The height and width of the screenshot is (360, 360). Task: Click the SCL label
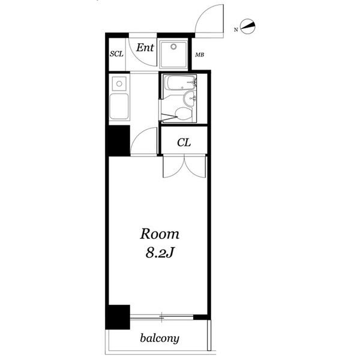point(116,54)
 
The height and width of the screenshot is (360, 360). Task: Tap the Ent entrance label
point(145,47)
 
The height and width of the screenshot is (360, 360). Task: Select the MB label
point(200,55)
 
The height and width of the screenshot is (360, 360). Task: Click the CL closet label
point(184,143)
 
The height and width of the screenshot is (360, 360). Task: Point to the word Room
point(160,234)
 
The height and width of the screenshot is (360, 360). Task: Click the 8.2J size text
point(159,253)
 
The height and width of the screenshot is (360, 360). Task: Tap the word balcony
point(160,338)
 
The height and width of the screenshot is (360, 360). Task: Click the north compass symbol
point(248,26)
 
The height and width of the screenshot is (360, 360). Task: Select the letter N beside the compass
point(236,29)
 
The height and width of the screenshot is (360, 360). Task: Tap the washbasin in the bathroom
point(190,99)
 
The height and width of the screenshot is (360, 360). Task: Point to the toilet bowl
point(183,113)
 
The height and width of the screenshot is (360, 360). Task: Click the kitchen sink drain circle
point(119,84)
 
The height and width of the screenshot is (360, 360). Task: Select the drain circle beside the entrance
point(173,47)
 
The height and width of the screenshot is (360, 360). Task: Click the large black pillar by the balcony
point(118,317)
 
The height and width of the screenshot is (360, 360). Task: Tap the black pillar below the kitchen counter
point(118,141)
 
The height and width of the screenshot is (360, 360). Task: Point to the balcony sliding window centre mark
point(162,317)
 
